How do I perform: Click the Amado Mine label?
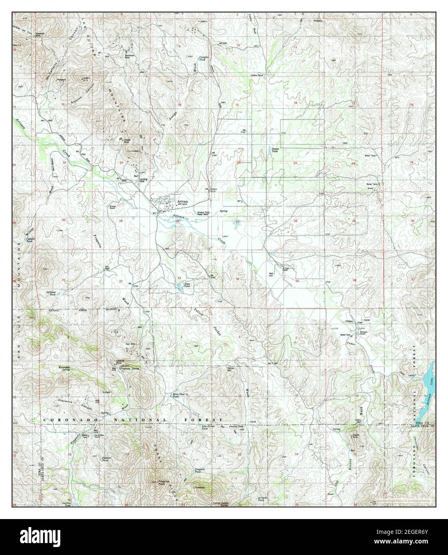point(126,141)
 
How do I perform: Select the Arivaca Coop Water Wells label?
point(203,214)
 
